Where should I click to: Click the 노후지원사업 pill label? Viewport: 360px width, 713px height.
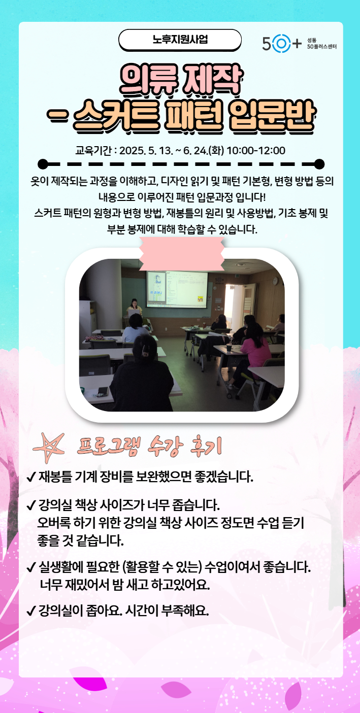[180, 40]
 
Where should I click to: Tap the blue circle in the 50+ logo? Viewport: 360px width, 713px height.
[281, 44]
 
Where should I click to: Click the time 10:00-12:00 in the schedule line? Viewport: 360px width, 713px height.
[256, 150]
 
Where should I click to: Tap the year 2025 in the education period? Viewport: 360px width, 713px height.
[133, 150]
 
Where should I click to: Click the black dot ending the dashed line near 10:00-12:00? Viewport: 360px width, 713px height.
[319, 163]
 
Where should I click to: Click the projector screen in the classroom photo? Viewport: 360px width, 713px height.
[177, 288]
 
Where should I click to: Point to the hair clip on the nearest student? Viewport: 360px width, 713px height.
[145, 349]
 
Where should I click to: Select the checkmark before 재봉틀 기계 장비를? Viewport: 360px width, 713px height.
[32, 477]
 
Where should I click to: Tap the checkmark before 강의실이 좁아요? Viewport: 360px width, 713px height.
[32, 610]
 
